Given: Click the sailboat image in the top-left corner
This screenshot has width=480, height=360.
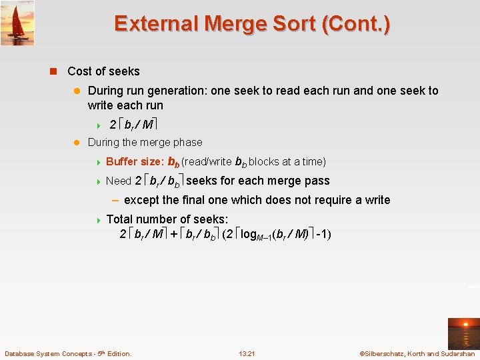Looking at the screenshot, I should pos(17,23).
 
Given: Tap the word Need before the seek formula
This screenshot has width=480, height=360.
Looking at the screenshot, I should pos(119,181).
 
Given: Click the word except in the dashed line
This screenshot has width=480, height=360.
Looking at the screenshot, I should pos(143,200).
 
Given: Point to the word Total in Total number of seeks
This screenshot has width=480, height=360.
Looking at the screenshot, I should pos(120,219).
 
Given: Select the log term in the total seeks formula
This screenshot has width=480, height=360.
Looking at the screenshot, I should pos(257,234).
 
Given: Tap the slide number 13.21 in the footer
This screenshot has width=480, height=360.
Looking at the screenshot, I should pos(247,353).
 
